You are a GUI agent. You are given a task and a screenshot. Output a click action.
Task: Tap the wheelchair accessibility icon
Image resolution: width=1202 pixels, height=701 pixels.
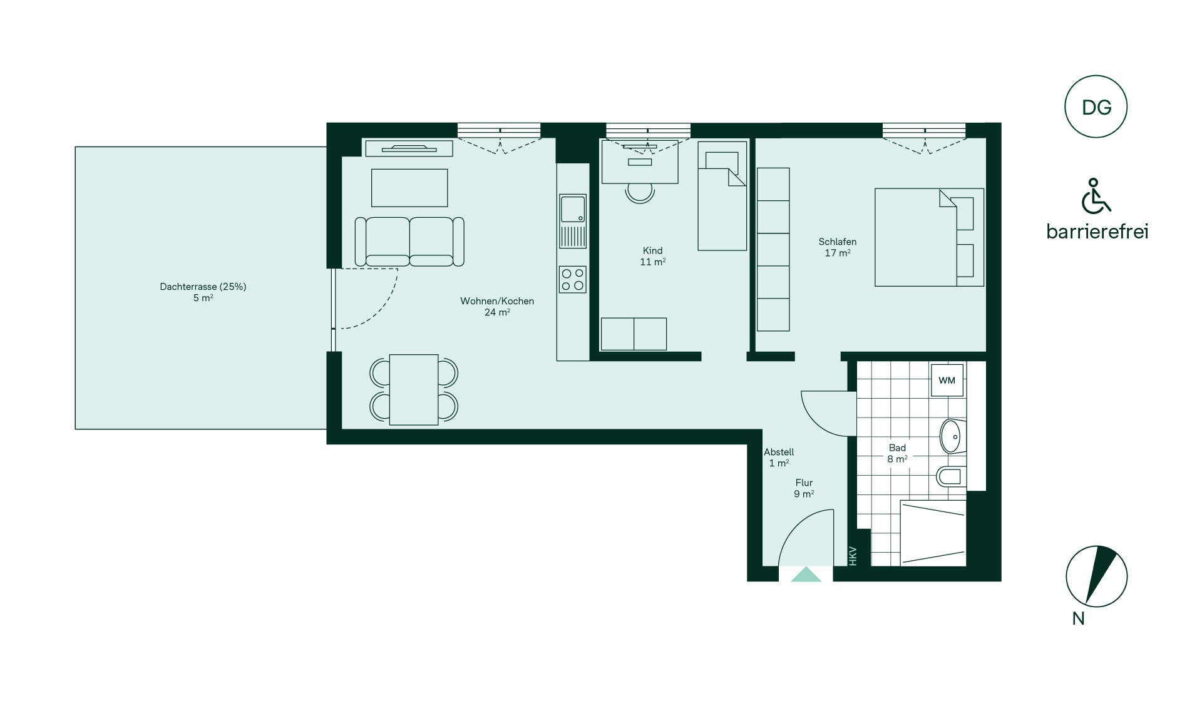click(x=1096, y=196)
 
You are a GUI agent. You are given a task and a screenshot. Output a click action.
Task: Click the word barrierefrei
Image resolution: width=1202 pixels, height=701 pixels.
click(x=1097, y=232)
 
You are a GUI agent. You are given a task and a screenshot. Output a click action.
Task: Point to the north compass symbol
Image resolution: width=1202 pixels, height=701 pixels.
click(x=1096, y=576)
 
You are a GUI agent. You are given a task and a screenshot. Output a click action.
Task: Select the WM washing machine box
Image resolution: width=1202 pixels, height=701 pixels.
click(x=947, y=381)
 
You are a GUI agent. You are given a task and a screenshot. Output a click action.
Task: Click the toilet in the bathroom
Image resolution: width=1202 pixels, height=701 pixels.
click(x=951, y=476)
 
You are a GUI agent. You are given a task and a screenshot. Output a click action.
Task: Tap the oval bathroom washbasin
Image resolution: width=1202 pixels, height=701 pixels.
click(x=952, y=436)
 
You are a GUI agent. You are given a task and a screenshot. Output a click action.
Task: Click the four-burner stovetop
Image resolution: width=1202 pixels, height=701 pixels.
click(x=573, y=279)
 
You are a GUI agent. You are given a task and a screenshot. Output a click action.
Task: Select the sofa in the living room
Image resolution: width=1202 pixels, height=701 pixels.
click(x=409, y=242)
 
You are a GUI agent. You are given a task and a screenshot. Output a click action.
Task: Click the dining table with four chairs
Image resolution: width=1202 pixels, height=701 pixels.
click(x=414, y=389)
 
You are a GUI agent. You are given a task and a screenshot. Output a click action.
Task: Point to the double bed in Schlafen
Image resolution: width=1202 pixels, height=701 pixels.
click(x=929, y=237)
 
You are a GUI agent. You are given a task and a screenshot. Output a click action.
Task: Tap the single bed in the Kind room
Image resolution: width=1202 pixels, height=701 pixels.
click(x=722, y=196)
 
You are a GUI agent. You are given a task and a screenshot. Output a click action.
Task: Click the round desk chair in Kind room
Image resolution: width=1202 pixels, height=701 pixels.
click(x=640, y=193)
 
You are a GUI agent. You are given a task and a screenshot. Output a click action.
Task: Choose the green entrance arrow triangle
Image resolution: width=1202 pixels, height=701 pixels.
click(x=806, y=574)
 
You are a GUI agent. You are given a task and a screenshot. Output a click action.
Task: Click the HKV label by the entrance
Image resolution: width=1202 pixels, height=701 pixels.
click(x=852, y=556)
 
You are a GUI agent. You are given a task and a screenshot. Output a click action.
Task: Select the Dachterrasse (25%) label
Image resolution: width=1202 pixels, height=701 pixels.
click(x=203, y=287)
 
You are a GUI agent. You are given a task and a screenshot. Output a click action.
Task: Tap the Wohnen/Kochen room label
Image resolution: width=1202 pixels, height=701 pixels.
click(x=497, y=301)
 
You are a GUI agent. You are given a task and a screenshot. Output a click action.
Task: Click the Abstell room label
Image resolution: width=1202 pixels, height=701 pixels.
click(x=779, y=452)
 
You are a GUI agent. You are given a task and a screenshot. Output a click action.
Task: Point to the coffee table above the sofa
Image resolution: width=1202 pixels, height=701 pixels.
click(x=409, y=188)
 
